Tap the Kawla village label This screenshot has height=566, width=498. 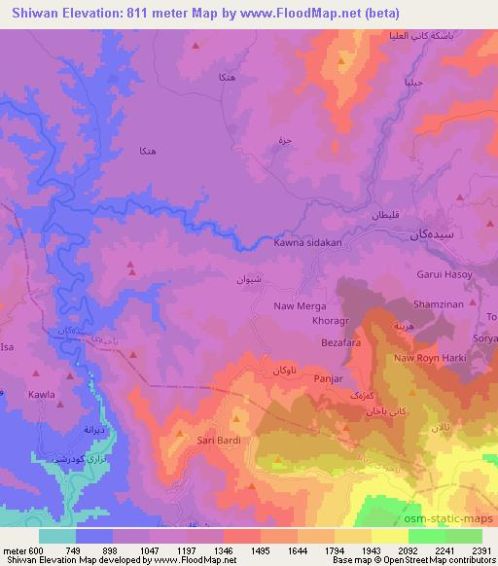pyautogui.click(x=42, y=395)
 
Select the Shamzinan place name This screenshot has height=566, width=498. pyautogui.click(x=439, y=304)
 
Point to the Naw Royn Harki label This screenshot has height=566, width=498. pyautogui.click(x=432, y=359)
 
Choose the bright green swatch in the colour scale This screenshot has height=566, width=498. pyautogui.click(x=425, y=536)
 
